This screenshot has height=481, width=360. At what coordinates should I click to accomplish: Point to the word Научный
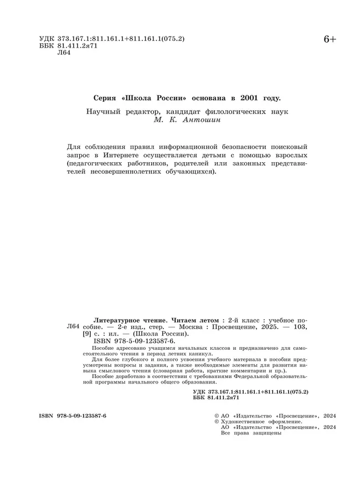(x=104, y=112)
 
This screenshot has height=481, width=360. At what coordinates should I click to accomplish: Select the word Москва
(x=193, y=327)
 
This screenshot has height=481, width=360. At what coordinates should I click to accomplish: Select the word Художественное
(x=249, y=421)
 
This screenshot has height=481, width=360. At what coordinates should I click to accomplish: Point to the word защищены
(x=266, y=433)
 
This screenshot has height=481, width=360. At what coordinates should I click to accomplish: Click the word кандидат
(x=178, y=112)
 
